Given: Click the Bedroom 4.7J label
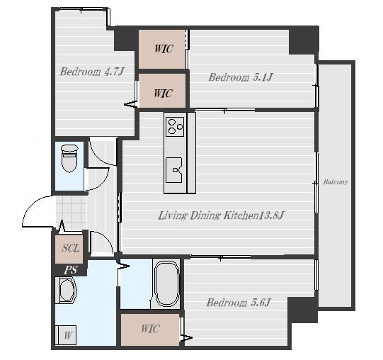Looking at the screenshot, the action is tap(92, 72).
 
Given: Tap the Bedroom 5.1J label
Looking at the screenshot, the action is tap(241, 77).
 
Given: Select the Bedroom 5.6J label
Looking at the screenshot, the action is tap(239, 303).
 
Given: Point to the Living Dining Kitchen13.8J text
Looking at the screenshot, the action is tap(221, 215).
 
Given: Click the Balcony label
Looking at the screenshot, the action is tap(336, 182).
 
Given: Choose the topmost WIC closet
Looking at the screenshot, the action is tap(162, 49).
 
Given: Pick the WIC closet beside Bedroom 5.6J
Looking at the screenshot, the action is tap(150, 330).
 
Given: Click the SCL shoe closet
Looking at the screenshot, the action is tap(69, 249).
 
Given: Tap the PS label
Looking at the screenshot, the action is tap(71, 270).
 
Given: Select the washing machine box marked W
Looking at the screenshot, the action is tap(65, 334).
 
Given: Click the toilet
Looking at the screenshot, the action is tap(69, 159).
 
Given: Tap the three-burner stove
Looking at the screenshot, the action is tap(175, 126).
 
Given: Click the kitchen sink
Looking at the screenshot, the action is tap(174, 170).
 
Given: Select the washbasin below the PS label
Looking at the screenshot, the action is tap(67, 291).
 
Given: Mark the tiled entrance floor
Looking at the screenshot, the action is tap(72, 213).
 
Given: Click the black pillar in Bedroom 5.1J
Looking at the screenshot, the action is tap(304, 40).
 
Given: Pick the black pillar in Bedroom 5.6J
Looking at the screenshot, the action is tap(303, 310).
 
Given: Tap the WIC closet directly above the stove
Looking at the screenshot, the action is tap(162, 91).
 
